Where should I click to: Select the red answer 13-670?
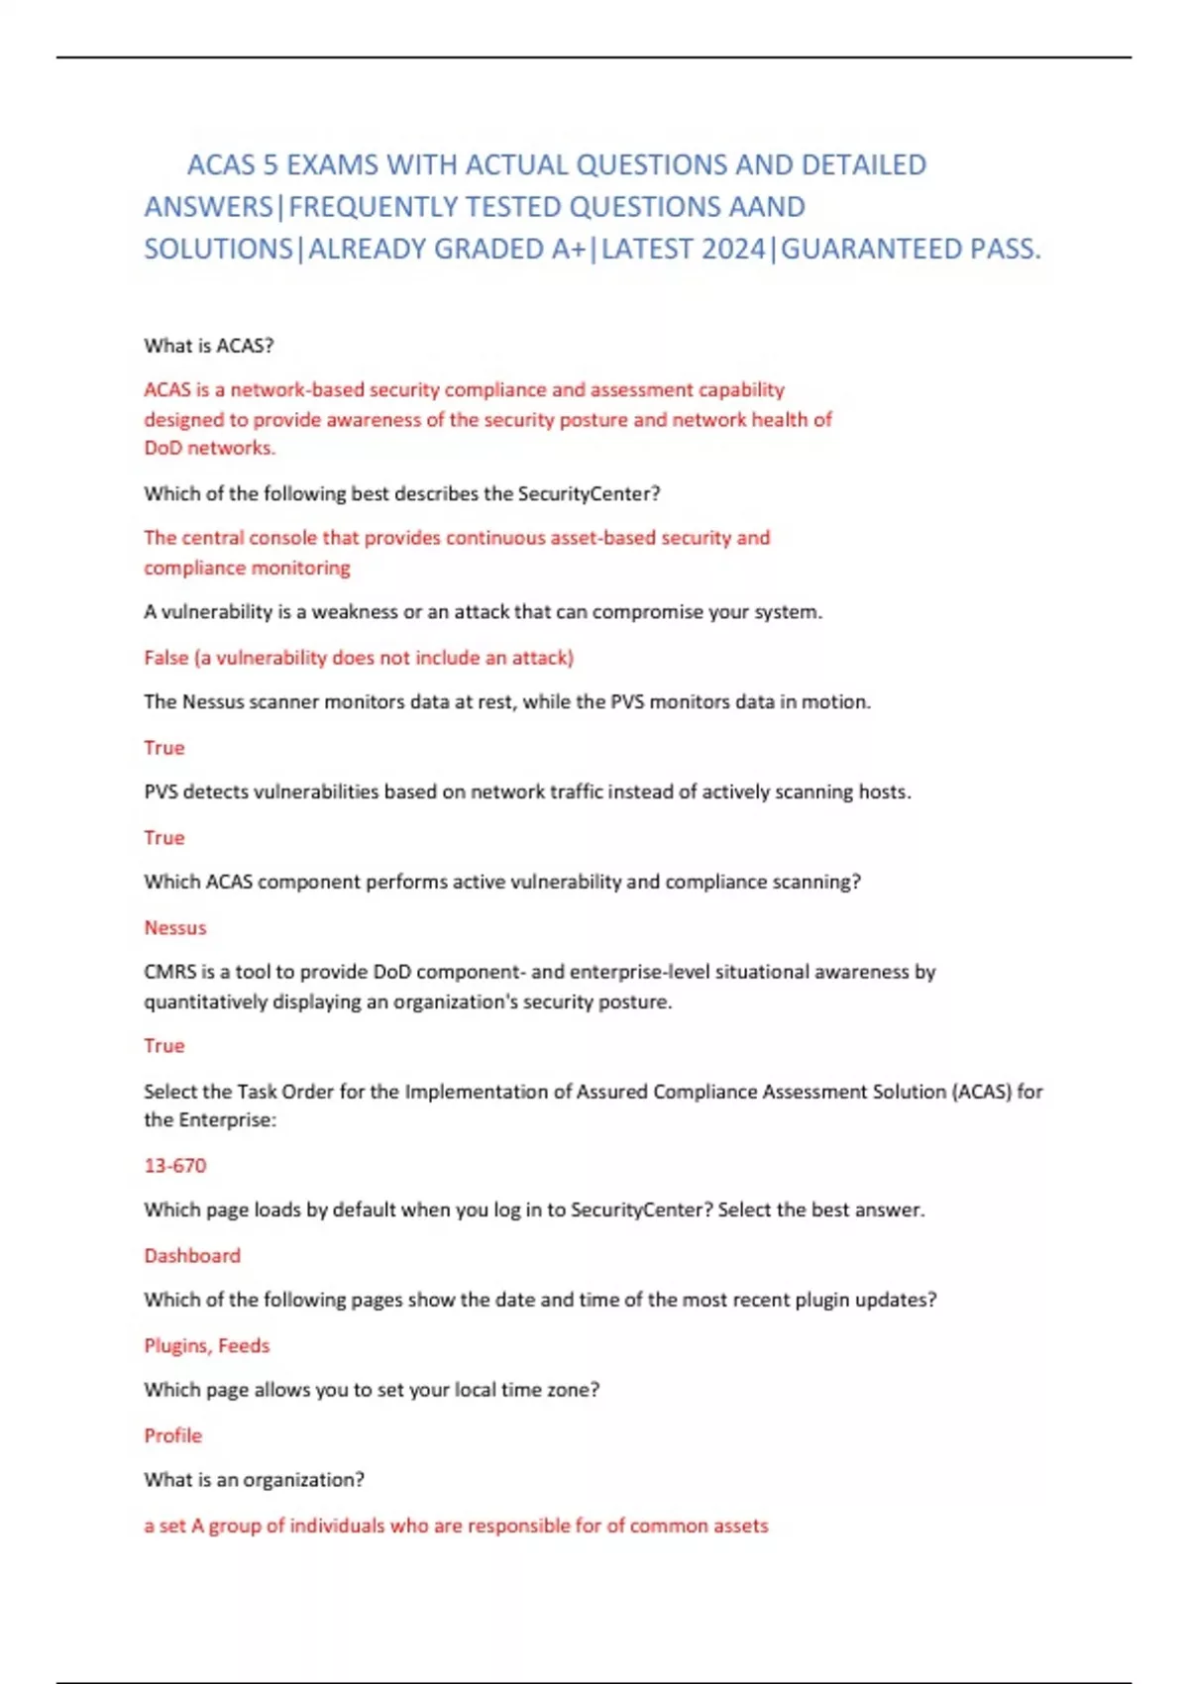pyautogui.click(x=175, y=1166)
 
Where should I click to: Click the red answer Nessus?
pyautogui.click(x=175, y=928)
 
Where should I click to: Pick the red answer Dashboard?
pyautogui.click(x=192, y=1256)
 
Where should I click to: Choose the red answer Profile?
pyautogui.click(x=172, y=1435)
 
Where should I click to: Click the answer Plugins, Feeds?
pyautogui.click(x=207, y=1345)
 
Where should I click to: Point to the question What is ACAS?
pyautogui.click(x=209, y=346)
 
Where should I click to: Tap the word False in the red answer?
pyautogui.click(x=165, y=658)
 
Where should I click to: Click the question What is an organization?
pyautogui.click(x=254, y=1480)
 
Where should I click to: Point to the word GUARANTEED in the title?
pyautogui.click(x=873, y=249)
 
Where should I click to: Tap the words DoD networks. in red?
pyautogui.click(x=210, y=448)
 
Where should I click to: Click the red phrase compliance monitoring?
pyautogui.click(x=247, y=568)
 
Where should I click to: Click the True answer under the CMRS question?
pyautogui.click(x=164, y=1046)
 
